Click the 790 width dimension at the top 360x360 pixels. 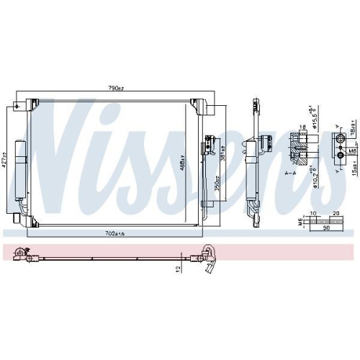tap(115, 89)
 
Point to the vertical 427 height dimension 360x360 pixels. tap(6, 153)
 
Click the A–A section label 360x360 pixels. tap(291, 174)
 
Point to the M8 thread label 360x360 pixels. tap(350, 151)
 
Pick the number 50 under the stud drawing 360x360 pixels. tap(326, 229)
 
